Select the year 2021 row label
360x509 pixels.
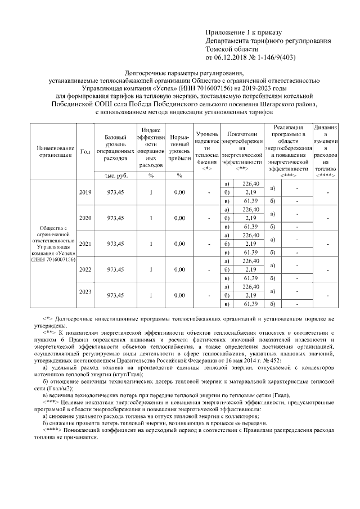coord(85,244)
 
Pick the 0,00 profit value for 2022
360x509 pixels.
coord(179,269)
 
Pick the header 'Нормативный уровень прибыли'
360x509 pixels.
coord(179,148)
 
